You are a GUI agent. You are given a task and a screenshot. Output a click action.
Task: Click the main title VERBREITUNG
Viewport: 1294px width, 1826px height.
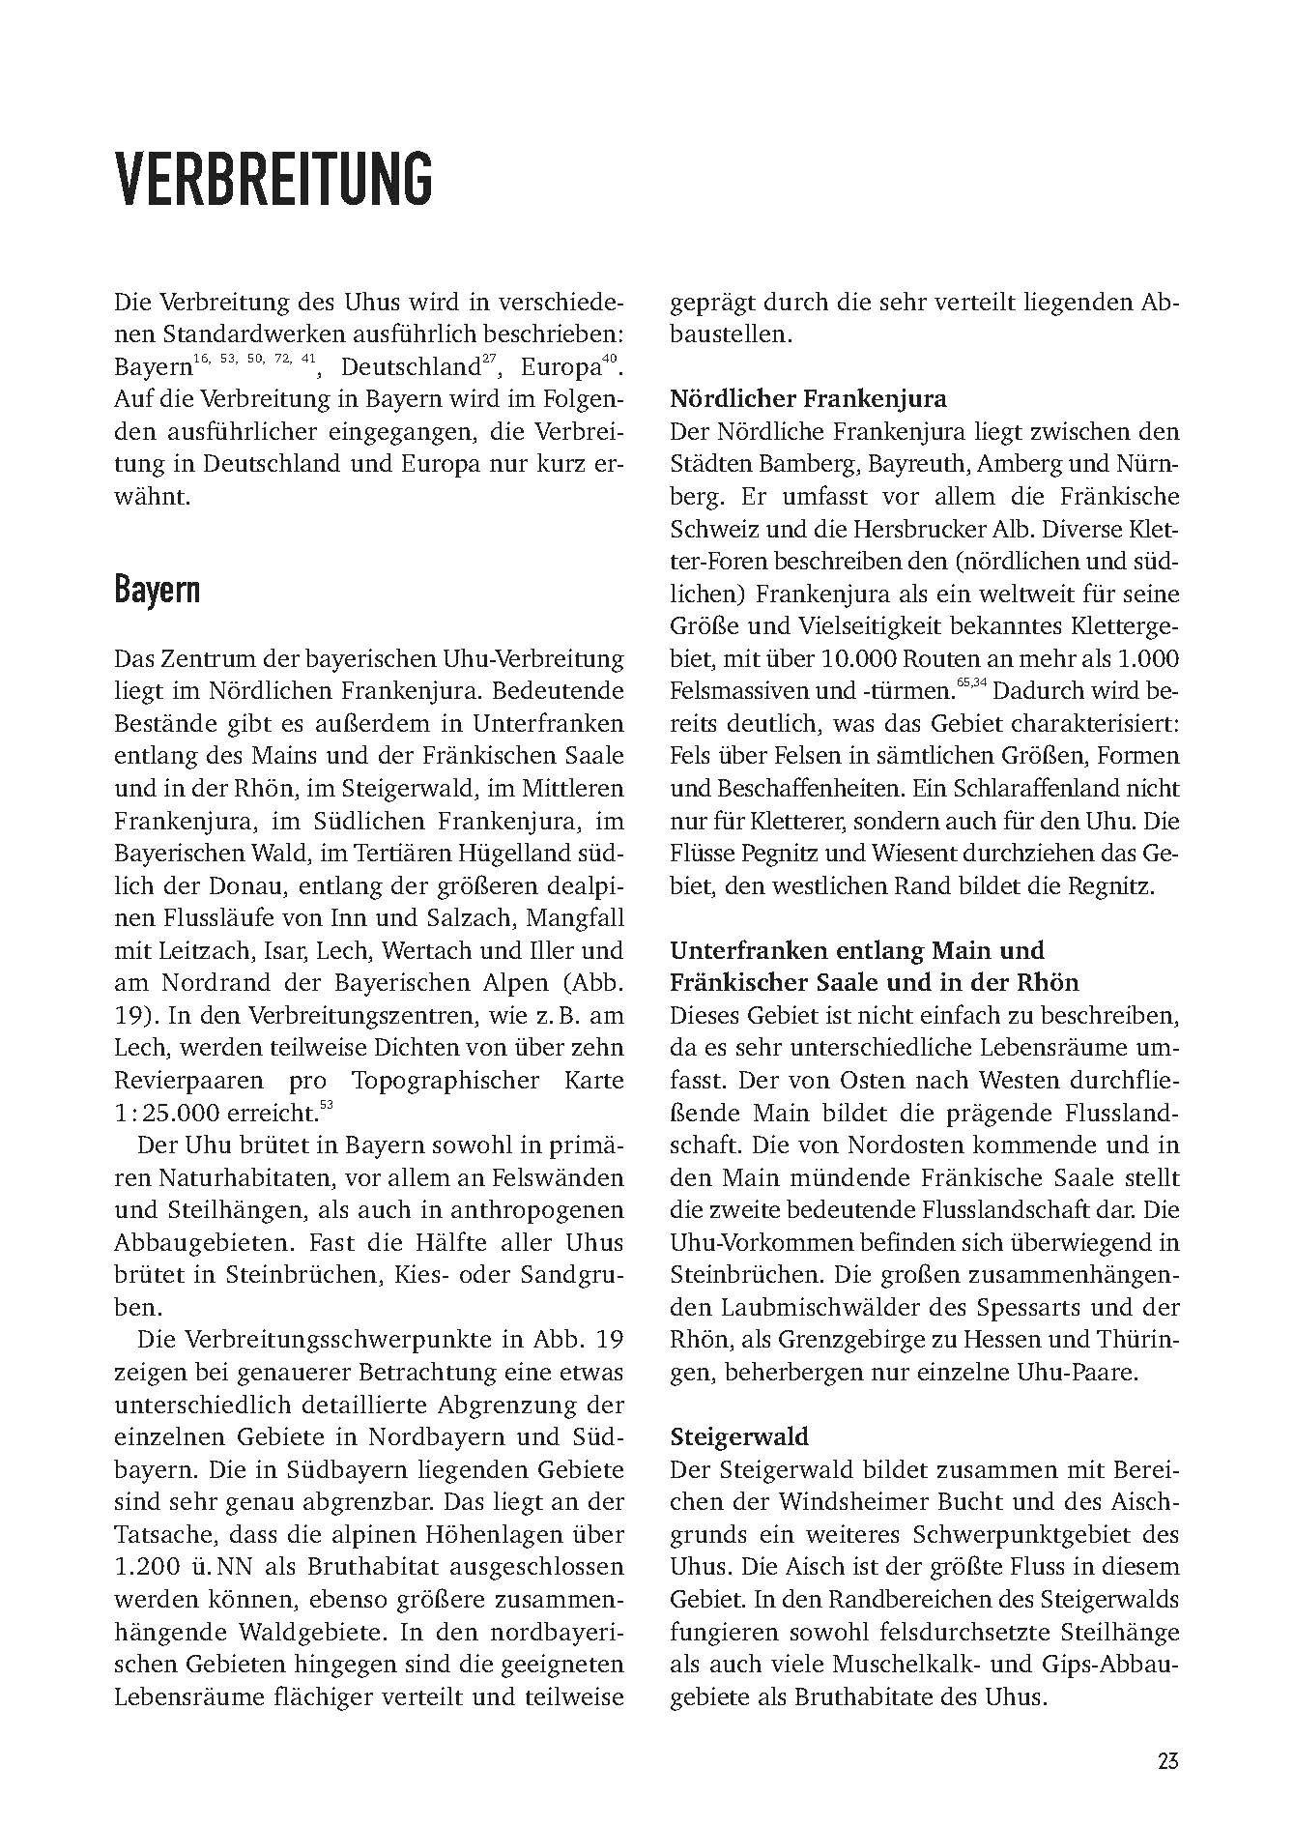tap(273, 180)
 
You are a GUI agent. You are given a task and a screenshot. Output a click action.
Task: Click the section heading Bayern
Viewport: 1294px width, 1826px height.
tap(157, 588)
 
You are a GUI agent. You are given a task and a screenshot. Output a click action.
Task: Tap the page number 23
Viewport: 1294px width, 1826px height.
tap(1166, 1759)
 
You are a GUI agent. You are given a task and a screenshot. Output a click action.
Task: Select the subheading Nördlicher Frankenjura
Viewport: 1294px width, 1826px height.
tap(808, 398)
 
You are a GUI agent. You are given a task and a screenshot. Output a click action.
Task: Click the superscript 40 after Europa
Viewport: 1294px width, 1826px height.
tap(607, 361)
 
